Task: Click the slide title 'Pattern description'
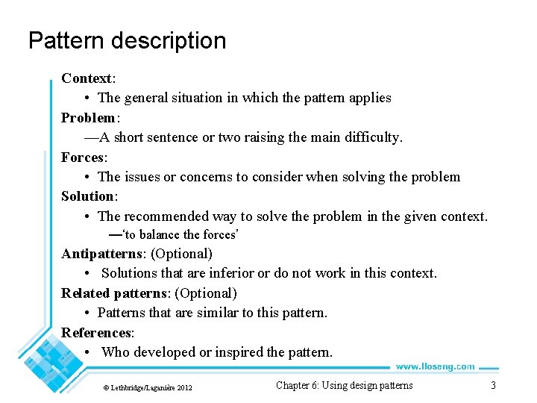[127, 40]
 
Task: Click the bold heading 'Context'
[87, 78]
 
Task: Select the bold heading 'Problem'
[88, 118]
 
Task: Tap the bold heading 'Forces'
[83, 157]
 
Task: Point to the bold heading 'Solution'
[88, 196]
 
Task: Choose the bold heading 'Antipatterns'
[104, 254]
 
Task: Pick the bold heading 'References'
[96, 333]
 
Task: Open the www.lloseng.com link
[435, 366]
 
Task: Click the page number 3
[492, 386]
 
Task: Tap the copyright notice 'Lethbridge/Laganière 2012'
[148, 387]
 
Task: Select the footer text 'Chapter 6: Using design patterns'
[344, 386]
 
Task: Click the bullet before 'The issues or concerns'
[88, 177]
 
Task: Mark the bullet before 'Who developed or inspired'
[88, 352]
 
